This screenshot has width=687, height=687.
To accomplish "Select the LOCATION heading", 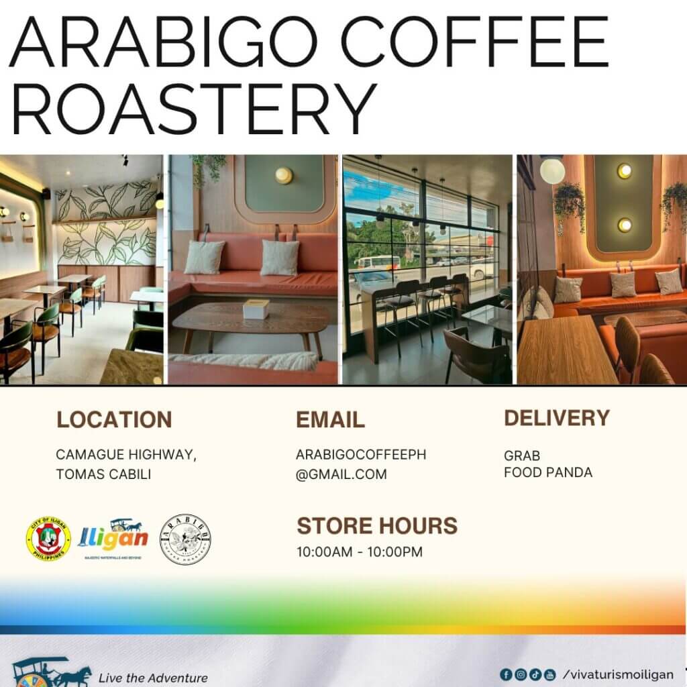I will click(114, 419).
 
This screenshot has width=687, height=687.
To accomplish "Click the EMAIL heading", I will click(330, 420).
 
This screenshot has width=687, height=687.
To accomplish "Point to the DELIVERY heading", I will click(557, 418).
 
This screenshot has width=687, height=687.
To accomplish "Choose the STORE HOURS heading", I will click(377, 525).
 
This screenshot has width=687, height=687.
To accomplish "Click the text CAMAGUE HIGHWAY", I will click(126, 455).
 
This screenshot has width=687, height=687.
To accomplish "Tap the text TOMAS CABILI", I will click(103, 474).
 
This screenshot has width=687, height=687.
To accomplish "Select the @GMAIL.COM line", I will click(341, 474).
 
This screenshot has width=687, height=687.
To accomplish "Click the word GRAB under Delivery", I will click(522, 456).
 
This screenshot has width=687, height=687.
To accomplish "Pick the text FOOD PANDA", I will click(548, 472).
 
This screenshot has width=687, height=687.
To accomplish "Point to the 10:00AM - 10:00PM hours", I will click(360, 552).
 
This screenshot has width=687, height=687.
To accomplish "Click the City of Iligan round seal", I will click(49, 539).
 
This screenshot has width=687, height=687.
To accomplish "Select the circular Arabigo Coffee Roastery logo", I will click(185, 539).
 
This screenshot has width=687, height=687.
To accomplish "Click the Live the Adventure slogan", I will click(152, 678).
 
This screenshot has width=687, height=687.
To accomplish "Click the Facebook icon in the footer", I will click(506, 674).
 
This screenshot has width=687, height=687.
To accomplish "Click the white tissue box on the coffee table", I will click(256, 309).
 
